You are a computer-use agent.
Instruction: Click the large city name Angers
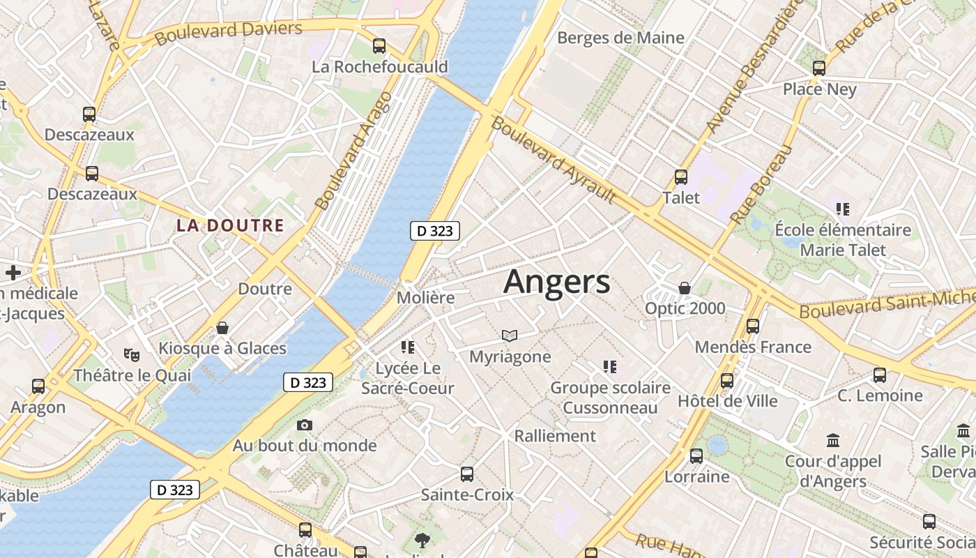556,282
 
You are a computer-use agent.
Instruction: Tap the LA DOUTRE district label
230,225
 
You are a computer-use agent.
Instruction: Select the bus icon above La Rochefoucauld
379,46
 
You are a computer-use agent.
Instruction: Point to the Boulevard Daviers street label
229,32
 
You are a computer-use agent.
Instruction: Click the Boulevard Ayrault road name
554,160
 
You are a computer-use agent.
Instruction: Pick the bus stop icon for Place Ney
819,68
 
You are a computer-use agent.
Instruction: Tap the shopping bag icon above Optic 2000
685,288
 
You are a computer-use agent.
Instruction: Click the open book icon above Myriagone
510,336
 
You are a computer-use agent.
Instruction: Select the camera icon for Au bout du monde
304,425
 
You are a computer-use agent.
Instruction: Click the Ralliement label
555,436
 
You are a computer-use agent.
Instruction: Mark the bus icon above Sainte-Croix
467,474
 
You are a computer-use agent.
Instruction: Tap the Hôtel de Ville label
727,401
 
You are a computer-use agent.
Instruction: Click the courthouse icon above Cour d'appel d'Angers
832,441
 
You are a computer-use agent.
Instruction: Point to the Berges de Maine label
620,38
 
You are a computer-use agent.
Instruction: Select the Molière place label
425,298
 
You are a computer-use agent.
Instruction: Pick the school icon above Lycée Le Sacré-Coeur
408,347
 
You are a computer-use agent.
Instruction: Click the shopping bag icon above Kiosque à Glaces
222,327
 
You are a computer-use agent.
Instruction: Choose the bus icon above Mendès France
753,326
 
